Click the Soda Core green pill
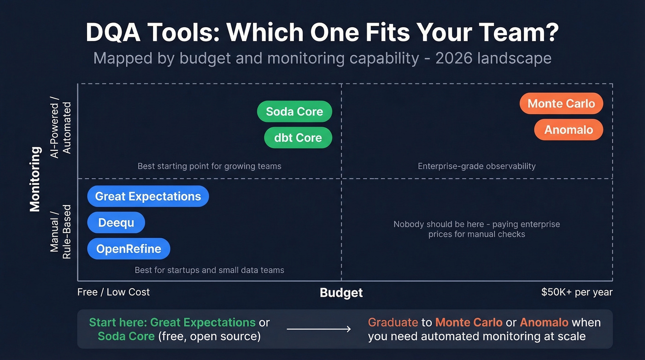pyautogui.click(x=294, y=112)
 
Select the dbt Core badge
pyautogui.click(x=298, y=137)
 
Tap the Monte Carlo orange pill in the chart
pyautogui.click(x=561, y=104)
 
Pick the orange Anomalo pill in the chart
pyautogui.click(x=569, y=130)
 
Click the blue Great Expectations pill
pyautogui.click(x=148, y=196)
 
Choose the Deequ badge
pyautogui.click(x=116, y=223)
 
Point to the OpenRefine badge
pyautogui.click(x=129, y=249)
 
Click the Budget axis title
pyautogui.click(x=341, y=293)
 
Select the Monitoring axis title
pyautogui.click(x=35, y=179)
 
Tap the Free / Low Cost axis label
pyautogui.click(x=113, y=292)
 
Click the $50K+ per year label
pyautogui.click(x=577, y=292)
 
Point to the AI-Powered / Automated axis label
pyautogui.click(x=61, y=130)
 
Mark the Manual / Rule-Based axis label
pyautogui.click(x=61, y=231)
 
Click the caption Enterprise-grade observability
pyautogui.click(x=476, y=166)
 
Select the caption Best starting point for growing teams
pyautogui.click(x=209, y=166)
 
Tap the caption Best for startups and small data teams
pyautogui.click(x=209, y=270)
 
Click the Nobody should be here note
pyautogui.click(x=476, y=229)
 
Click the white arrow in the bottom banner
pyautogui.click(x=318, y=329)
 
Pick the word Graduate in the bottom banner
pyautogui.click(x=393, y=322)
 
